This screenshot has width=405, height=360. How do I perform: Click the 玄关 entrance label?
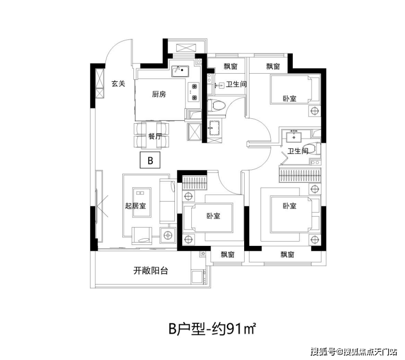[118, 84]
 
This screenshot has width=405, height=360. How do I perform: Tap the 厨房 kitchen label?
[159, 94]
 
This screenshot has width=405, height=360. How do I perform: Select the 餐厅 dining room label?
[155, 136]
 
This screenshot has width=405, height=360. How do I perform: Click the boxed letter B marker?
[150, 160]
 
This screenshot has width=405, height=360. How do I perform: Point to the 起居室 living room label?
[135, 206]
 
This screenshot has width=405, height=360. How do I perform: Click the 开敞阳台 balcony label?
[151, 270]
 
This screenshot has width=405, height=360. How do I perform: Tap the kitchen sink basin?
[181, 71]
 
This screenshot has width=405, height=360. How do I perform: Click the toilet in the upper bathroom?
[216, 106]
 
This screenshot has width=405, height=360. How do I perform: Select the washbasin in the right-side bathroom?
[294, 137]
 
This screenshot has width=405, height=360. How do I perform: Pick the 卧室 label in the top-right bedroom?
[289, 99]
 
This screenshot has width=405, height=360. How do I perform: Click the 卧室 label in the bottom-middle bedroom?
[213, 216]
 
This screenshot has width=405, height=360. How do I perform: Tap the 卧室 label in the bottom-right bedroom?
[289, 206]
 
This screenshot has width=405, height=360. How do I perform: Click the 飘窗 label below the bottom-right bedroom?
[287, 255]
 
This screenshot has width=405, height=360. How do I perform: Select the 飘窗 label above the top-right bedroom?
[273, 66]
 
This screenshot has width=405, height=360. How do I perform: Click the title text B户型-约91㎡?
[212, 329]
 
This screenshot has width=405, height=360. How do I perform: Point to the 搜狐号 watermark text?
[323, 351]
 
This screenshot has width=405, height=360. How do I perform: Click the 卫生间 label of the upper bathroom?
[236, 84]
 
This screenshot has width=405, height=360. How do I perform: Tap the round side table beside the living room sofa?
[168, 235]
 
